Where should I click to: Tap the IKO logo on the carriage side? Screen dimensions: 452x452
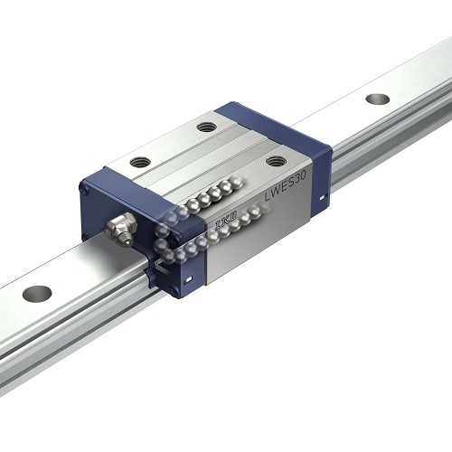coord(225,220)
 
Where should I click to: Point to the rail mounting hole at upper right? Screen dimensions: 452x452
coord(378,99)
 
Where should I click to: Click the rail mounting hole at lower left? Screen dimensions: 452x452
coord(37,293)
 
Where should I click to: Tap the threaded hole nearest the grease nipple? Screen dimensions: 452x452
coord(140,162)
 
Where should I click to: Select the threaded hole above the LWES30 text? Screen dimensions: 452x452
coord(276,161)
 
